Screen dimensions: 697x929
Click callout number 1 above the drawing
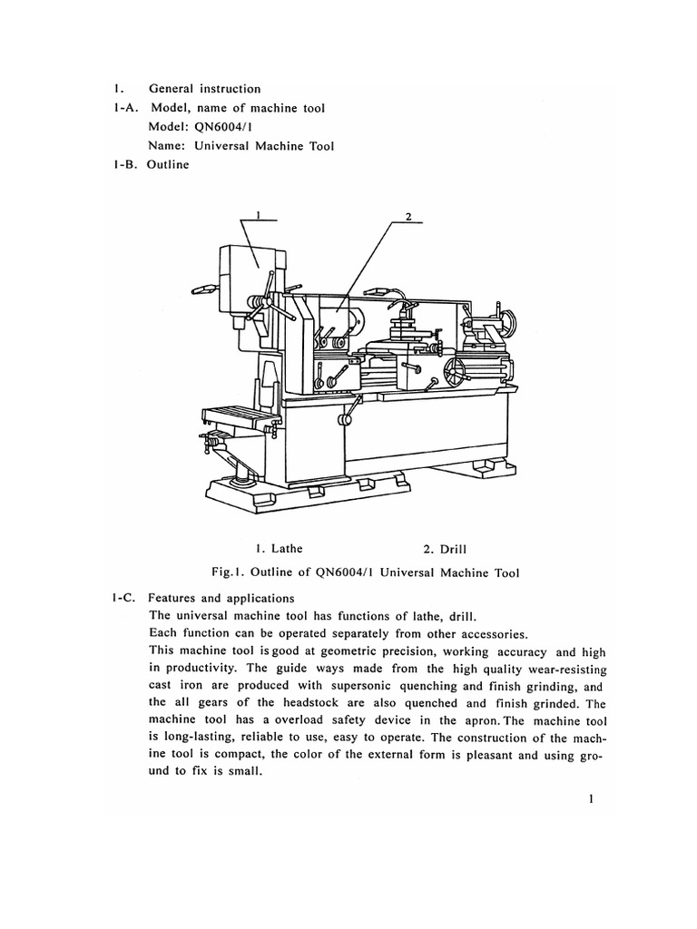coord(259,215)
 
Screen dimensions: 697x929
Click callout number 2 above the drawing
coord(408,216)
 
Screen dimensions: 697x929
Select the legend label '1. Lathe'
coord(279,548)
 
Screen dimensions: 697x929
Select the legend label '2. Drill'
coord(445,548)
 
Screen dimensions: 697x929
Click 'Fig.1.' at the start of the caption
coord(231,572)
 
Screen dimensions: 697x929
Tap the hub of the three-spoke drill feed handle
coord(260,306)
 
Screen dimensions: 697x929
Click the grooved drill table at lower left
coord(240,419)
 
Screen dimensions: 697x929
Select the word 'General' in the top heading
coord(173,89)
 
